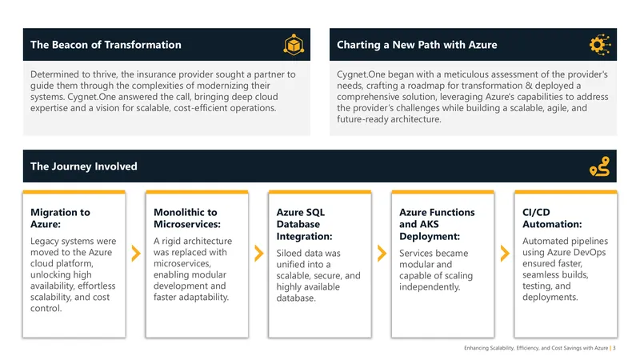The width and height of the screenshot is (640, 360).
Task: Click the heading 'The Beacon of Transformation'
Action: (106, 45)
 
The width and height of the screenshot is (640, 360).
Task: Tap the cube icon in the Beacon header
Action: (294, 45)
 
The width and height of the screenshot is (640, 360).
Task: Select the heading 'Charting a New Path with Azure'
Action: (417, 45)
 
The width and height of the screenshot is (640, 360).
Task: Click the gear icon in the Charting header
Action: (600, 45)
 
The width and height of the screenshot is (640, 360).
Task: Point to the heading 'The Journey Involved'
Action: (84, 166)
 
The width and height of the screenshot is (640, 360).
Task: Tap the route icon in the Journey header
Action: (599, 166)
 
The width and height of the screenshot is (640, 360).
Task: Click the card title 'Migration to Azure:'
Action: (61, 218)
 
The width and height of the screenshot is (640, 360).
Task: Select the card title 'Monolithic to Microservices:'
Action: (187, 218)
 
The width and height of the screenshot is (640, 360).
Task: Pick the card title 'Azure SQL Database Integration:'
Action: (305, 224)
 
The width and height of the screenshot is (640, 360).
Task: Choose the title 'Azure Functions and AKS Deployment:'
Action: (437, 224)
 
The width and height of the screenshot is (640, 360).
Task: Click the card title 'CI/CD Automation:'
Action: (552, 218)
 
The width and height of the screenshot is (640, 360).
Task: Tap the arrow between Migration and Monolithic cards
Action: (136, 253)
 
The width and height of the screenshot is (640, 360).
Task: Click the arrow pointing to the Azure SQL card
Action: (258, 253)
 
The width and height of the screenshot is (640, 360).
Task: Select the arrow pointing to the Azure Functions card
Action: (382, 253)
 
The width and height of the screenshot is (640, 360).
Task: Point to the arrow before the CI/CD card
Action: (505, 253)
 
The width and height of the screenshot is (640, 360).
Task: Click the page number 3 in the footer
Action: (614, 348)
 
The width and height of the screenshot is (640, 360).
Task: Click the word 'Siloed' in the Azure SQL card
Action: (288, 253)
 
